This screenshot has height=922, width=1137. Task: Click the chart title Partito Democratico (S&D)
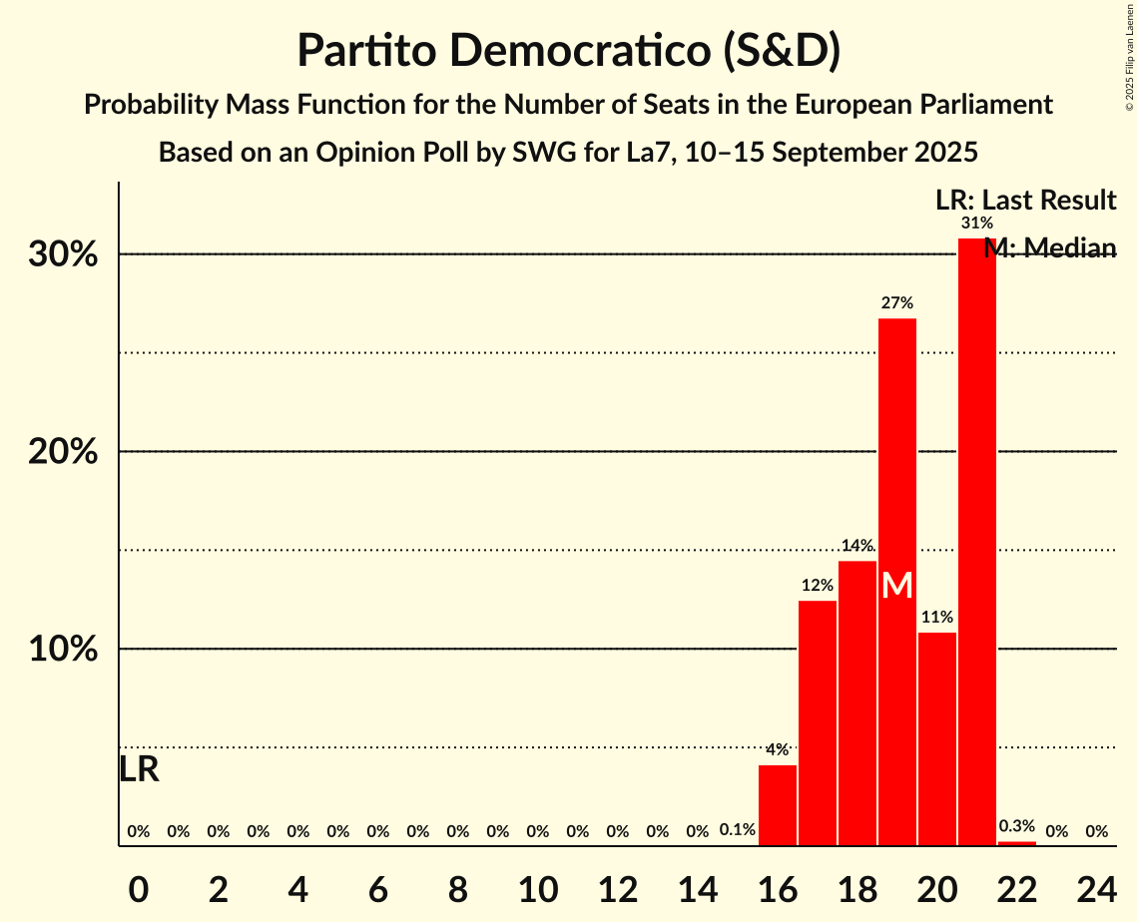pos(568,51)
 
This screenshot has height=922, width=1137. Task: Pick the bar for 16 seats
pos(778,805)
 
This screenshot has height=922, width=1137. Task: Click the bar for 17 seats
pos(818,723)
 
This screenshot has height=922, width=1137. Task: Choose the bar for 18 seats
pos(857,703)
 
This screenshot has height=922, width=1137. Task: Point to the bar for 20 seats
pos(936,738)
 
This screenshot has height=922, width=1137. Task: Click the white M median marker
pos(896,585)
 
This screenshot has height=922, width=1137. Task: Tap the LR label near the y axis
pos(139,769)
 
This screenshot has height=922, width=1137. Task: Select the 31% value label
pos(976,224)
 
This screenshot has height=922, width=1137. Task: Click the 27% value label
pos(896,303)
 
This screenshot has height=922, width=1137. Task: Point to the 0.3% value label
pos(1016,826)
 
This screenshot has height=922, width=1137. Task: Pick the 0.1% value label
pos(737,830)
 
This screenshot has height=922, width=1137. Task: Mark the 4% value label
pos(778,750)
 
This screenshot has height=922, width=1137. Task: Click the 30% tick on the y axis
pos(63,254)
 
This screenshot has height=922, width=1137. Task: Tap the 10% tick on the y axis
pos(63,650)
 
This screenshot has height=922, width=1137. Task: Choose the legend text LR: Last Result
pos(1025,201)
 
